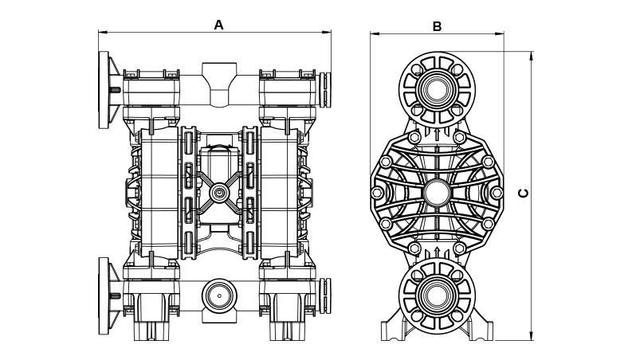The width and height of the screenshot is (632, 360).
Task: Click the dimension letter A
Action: (x=219, y=25)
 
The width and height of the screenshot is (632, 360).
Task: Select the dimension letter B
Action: (x=437, y=26)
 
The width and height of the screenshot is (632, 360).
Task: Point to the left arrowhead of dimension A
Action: (x=102, y=33)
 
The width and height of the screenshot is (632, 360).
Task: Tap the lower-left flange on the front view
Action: (x=104, y=295)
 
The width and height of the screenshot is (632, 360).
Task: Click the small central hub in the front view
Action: (x=218, y=192)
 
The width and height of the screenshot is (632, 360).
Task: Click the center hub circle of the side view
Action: (x=437, y=192)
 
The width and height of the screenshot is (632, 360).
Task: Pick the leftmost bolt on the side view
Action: (x=376, y=192)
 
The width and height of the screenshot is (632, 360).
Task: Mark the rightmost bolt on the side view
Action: (x=498, y=192)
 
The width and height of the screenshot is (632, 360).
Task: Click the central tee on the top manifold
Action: (x=217, y=84)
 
